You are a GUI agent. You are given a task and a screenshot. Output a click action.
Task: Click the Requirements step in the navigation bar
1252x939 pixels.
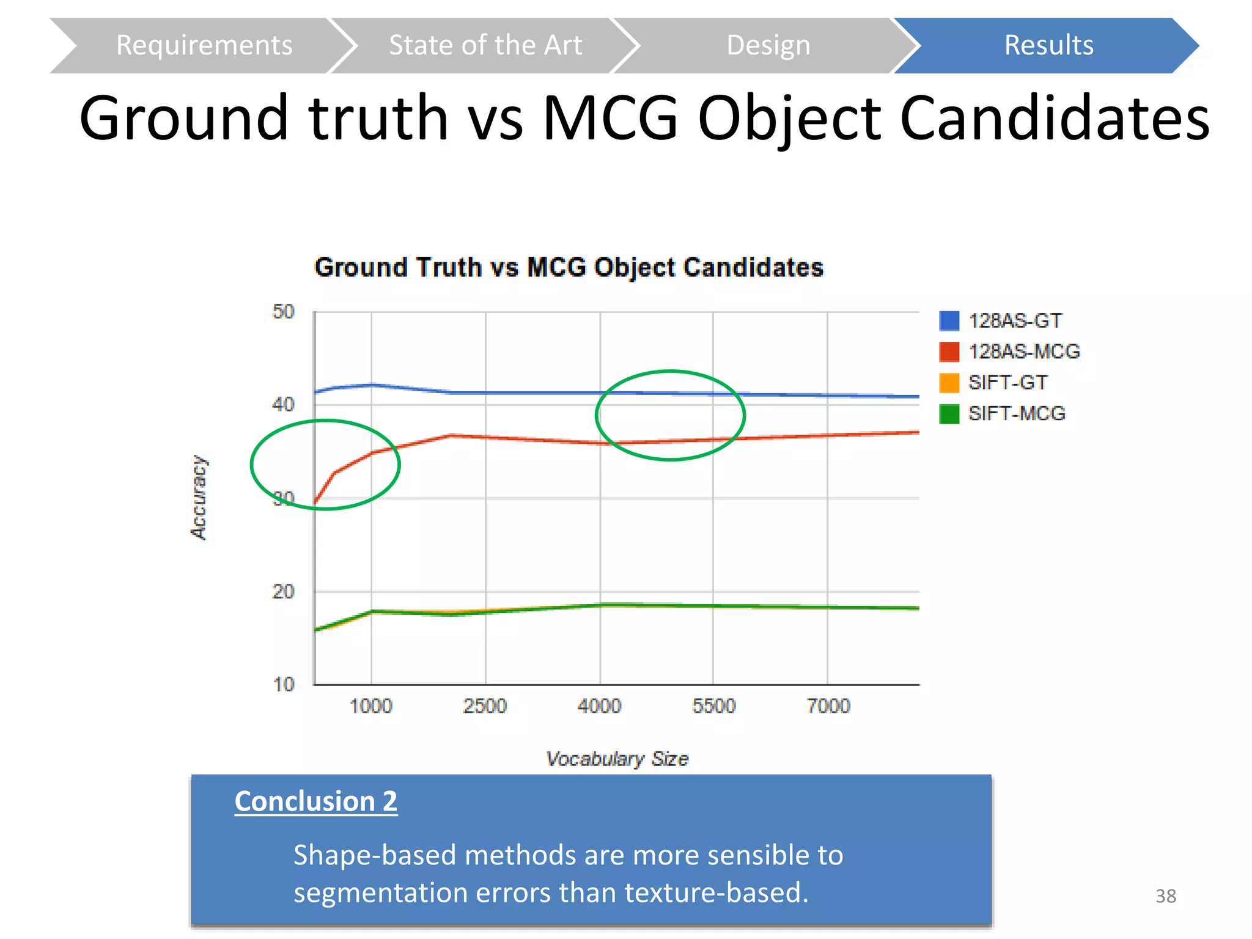pyautogui.click(x=204, y=46)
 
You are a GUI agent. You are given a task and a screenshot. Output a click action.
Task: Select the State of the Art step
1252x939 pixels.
pyautogui.click(x=485, y=46)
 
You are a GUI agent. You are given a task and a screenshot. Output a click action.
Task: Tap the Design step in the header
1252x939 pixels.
pyautogui.click(x=768, y=46)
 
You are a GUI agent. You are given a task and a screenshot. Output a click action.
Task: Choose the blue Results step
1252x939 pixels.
pyautogui.click(x=1048, y=46)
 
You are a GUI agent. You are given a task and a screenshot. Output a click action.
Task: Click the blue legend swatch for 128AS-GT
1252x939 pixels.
pyautogui.click(x=949, y=321)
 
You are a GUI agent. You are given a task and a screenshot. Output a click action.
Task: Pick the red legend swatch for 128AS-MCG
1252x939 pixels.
pyautogui.click(x=949, y=352)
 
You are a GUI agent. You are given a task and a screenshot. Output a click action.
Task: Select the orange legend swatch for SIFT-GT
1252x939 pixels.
pyautogui.click(x=949, y=383)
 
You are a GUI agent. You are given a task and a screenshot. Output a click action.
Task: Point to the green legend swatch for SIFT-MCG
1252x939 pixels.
pyautogui.click(x=949, y=414)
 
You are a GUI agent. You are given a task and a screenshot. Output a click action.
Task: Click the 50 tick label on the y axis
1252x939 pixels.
pyautogui.click(x=283, y=312)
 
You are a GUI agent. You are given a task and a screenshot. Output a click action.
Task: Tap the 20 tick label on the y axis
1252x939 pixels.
pyautogui.click(x=283, y=592)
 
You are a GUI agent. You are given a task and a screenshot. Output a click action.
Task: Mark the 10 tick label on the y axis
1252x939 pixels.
pyautogui.click(x=284, y=685)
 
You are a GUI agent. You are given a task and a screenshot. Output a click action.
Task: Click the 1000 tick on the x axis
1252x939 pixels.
pyautogui.click(x=370, y=706)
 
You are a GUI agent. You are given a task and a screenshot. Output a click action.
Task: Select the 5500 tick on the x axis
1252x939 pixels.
pyautogui.click(x=713, y=706)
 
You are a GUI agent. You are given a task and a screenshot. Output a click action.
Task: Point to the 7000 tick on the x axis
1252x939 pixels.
pyautogui.click(x=828, y=706)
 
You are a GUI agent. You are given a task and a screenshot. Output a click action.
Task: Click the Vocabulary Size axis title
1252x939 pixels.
pyautogui.click(x=617, y=759)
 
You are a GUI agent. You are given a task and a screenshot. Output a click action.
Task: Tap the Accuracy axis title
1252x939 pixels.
pyautogui.click(x=199, y=498)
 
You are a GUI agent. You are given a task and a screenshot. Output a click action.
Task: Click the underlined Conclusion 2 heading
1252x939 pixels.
pyautogui.click(x=315, y=801)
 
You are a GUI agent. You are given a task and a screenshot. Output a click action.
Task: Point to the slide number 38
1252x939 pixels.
pyautogui.click(x=1165, y=896)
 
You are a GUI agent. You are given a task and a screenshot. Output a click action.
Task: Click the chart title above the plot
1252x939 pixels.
pyautogui.click(x=569, y=268)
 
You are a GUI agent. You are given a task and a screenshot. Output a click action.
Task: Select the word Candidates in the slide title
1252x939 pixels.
pyautogui.click(x=1055, y=118)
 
